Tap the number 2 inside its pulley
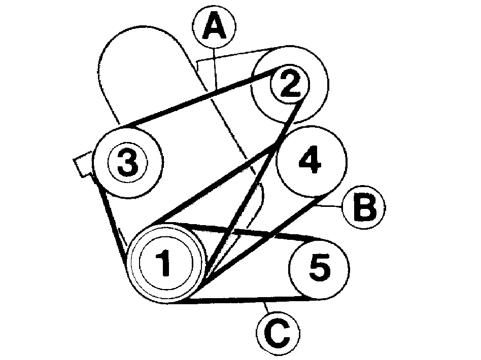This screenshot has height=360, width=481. click(x=290, y=83)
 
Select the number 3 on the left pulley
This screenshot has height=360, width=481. click(x=128, y=163)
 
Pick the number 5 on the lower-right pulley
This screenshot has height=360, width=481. click(x=320, y=267)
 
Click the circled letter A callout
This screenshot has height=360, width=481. click(x=214, y=27)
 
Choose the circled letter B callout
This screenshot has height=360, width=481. click(x=364, y=207)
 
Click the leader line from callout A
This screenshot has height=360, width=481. click(x=215, y=68)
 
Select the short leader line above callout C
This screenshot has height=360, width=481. click(x=266, y=308)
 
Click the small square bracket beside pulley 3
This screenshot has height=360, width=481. click(x=83, y=164)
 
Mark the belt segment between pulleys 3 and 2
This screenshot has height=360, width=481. click(x=201, y=97)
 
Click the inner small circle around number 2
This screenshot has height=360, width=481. click(x=290, y=64)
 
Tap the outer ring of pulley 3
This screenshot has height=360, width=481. click(x=128, y=127)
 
